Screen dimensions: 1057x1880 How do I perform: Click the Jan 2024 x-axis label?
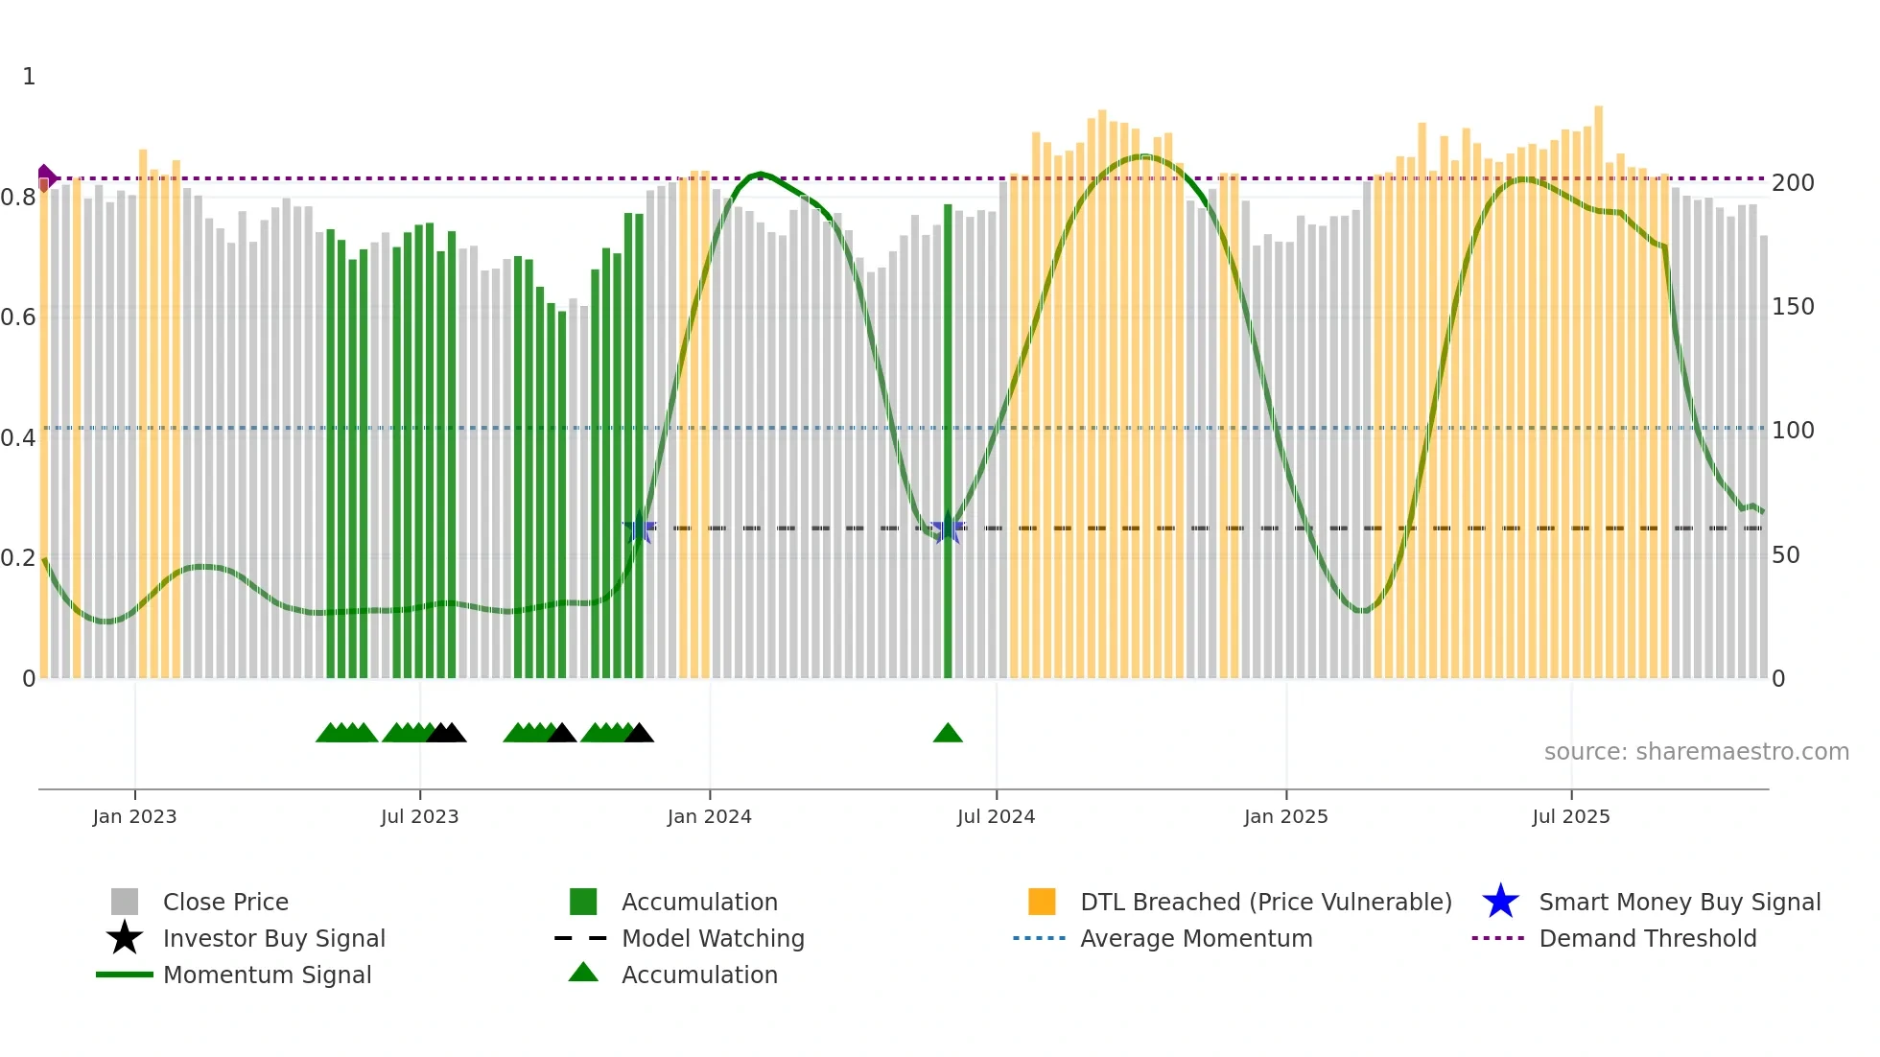coord(709,816)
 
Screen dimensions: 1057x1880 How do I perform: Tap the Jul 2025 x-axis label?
coord(1570,816)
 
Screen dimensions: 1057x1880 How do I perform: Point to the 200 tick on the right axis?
coord(1793,183)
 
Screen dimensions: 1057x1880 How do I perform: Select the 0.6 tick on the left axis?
coord(18,317)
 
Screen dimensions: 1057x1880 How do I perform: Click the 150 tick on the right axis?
coord(1793,307)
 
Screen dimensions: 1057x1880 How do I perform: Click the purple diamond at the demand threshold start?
coord(45,177)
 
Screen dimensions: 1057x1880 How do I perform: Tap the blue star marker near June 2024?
coord(948,528)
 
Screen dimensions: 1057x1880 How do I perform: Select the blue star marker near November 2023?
coord(640,528)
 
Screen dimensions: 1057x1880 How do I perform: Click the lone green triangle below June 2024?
coord(948,734)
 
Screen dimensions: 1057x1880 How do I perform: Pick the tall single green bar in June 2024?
coord(948,441)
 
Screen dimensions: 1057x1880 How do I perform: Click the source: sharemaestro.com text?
coord(1696,752)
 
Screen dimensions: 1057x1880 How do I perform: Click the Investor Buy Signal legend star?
coord(125,938)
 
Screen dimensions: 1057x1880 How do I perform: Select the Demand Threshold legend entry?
coord(1647,938)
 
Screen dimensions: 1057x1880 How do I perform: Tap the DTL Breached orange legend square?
coord(1042,902)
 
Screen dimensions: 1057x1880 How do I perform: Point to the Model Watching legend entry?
coord(712,938)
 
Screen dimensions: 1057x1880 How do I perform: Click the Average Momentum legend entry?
coord(1195,938)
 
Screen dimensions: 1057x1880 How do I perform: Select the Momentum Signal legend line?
coord(125,975)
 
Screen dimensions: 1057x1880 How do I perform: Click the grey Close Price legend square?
coord(125,902)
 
